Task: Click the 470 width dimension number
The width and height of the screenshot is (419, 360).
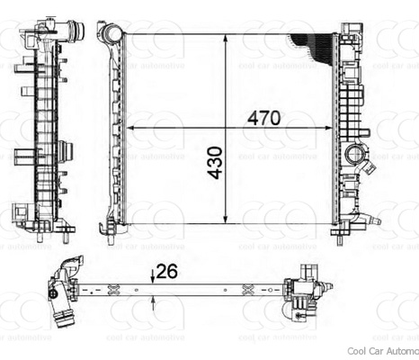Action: tap(264, 117)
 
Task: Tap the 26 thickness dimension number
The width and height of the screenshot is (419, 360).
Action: tap(166, 269)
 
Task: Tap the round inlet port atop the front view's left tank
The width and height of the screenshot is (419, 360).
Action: tap(111, 34)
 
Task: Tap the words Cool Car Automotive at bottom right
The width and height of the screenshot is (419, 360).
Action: tap(382, 352)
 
